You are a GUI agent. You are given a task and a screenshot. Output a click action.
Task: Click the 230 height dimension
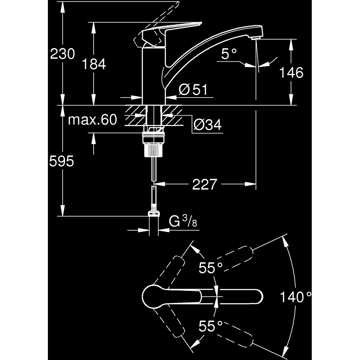coord(62,54)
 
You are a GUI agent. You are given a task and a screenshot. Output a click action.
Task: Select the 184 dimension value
coord(94,64)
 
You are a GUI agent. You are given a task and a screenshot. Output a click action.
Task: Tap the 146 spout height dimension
coord(291,73)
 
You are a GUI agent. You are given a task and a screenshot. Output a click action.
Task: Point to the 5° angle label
coord(229,54)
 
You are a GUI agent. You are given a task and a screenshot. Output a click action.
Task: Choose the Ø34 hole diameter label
coord(207,125)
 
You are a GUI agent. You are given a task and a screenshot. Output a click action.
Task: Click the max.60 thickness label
coord(93,120)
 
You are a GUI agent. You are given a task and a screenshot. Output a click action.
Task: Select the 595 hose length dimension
coord(62,161)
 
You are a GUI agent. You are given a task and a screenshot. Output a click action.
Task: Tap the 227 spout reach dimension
coord(204,185)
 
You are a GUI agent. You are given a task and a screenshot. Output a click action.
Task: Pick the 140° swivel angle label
coord(296,297)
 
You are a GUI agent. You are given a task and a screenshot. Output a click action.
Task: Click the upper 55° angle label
coord(211,267)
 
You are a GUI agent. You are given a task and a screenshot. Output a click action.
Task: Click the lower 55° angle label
coord(211,327)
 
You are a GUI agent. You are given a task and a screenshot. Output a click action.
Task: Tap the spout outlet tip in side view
coord(256,37)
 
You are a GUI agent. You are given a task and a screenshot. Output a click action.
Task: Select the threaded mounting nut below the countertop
coord(154,144)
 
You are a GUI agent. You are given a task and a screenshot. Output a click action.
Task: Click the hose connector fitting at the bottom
coord(154,212)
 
